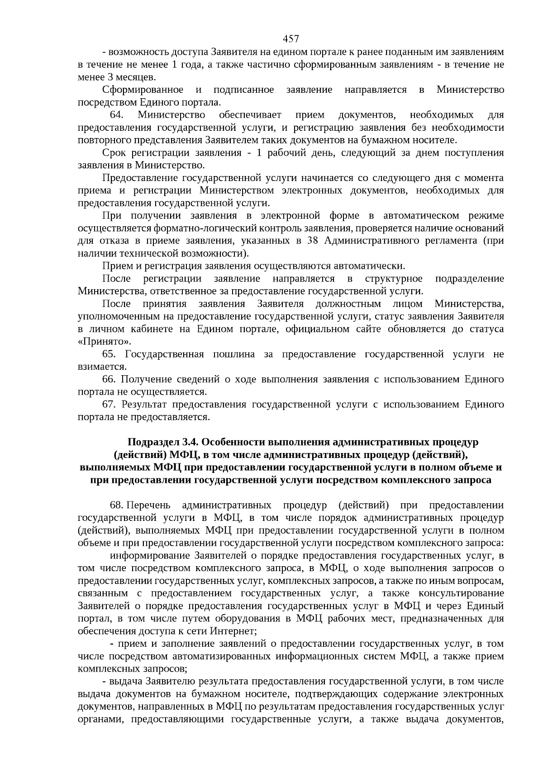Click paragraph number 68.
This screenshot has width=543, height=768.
(117, 505)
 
